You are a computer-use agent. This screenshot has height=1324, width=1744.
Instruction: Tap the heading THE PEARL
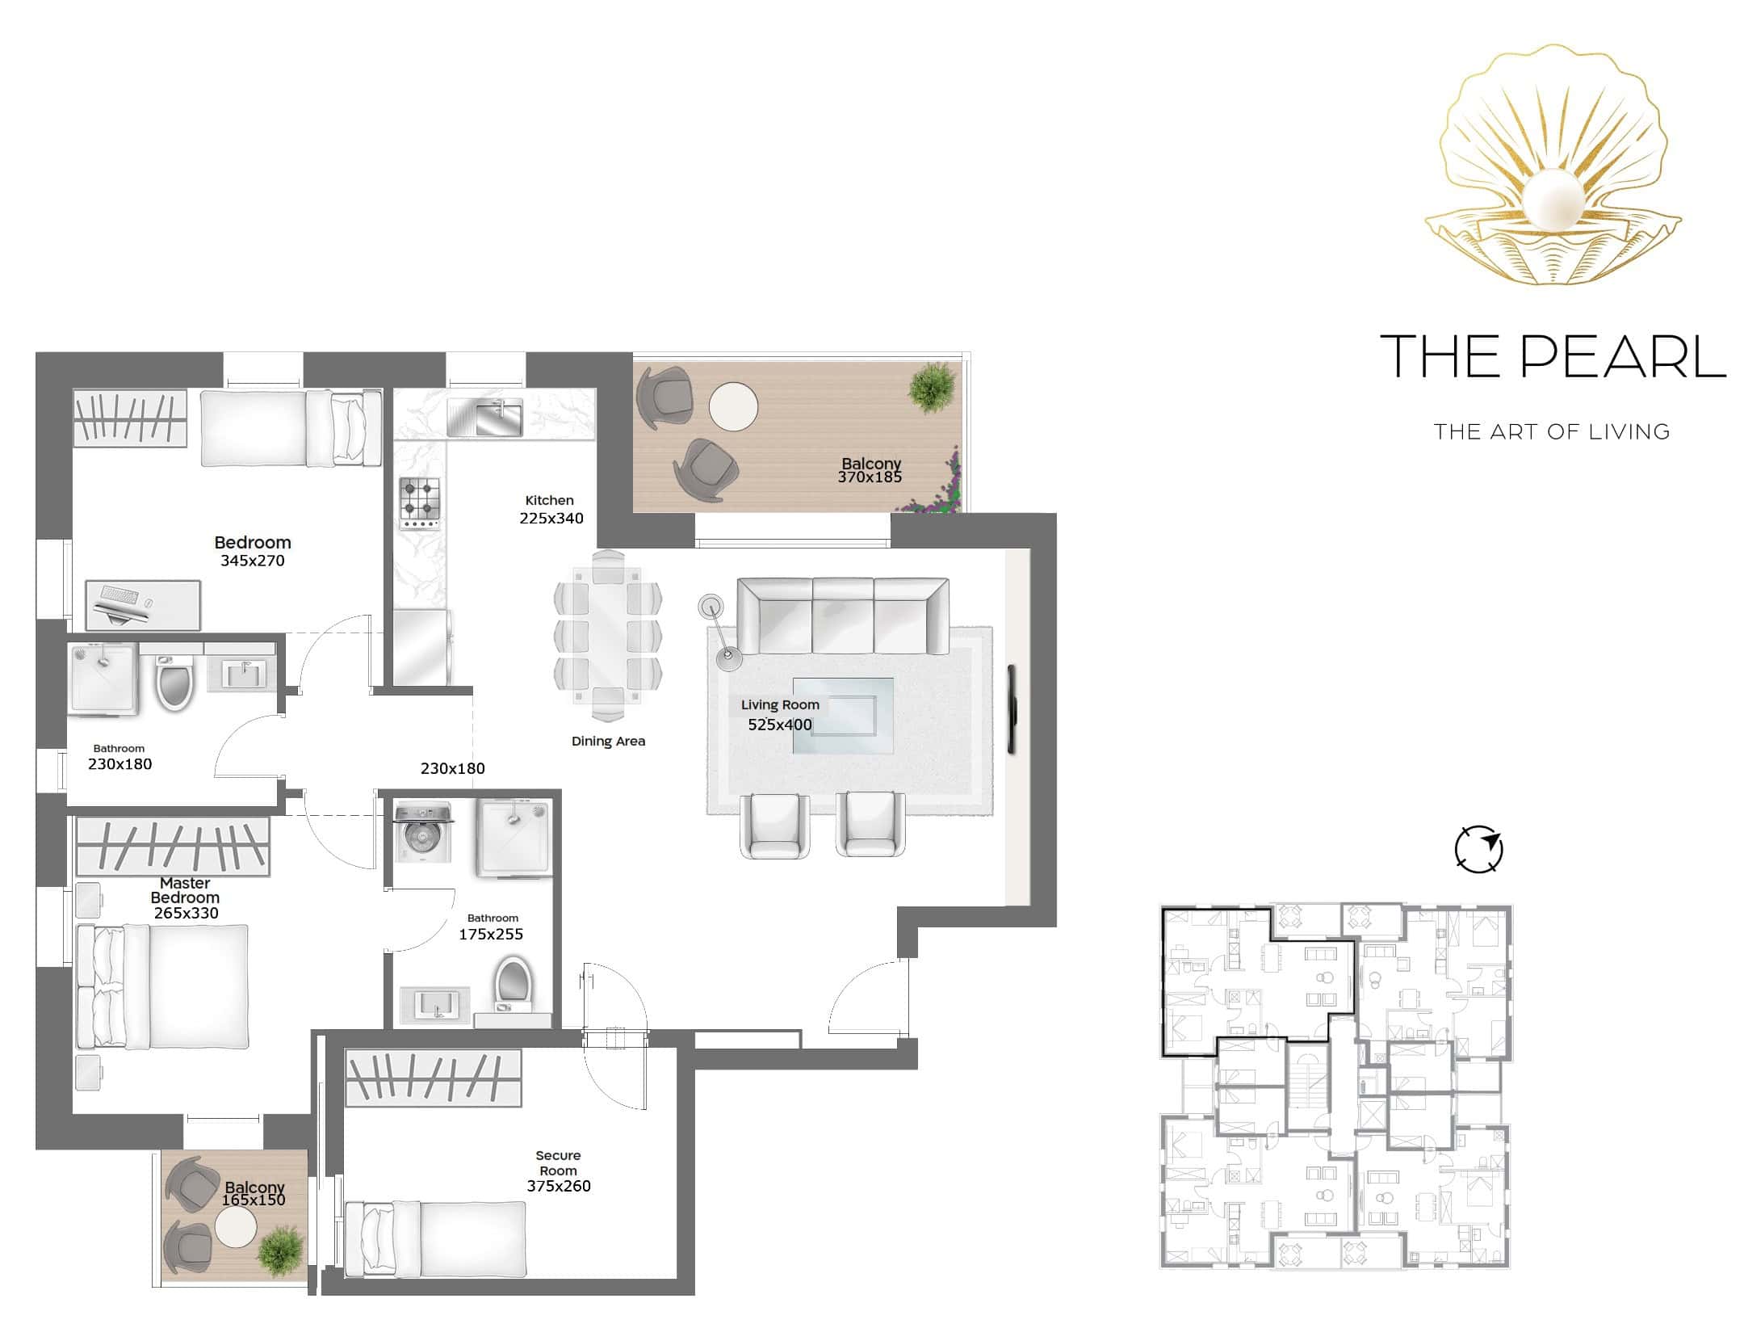[x=1553, y=356]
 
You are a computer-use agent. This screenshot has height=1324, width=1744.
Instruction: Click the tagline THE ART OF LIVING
[x=1552, y=432]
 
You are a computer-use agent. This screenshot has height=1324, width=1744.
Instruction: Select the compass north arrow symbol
[x=1478, y=849]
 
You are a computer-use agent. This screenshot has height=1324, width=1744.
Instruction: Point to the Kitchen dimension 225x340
[x=551, y=519]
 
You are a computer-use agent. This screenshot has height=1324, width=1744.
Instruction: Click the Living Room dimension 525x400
[x=780, y=725]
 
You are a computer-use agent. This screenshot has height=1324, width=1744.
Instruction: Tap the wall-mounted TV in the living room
[x=1013, y=709]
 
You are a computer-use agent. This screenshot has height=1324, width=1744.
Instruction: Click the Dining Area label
[x=608, y=742]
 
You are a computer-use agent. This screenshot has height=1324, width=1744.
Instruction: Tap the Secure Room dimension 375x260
[x=559, y=1187]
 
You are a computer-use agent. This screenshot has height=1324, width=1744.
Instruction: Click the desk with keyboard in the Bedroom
[x=143, y=605]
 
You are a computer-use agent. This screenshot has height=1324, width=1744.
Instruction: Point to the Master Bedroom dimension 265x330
[x=186, y=914]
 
